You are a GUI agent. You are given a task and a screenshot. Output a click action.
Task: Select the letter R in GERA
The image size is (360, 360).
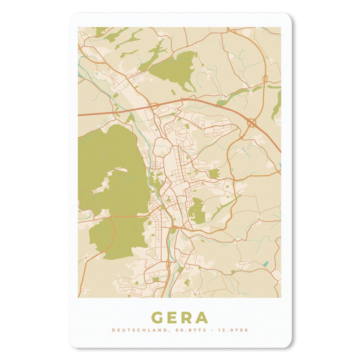point(188,317)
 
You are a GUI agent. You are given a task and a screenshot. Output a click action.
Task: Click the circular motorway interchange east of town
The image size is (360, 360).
point(252,122)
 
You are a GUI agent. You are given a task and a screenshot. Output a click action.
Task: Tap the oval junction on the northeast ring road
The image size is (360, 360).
point(265,77)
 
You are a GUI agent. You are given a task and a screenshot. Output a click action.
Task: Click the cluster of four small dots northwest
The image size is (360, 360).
point(96,73)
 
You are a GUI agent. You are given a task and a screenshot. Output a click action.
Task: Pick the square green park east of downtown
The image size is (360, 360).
point(214,173)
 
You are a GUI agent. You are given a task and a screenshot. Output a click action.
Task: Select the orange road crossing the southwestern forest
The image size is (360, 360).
point(113,232)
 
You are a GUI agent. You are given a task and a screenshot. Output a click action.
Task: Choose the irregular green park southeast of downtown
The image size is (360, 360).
point(196,211)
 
